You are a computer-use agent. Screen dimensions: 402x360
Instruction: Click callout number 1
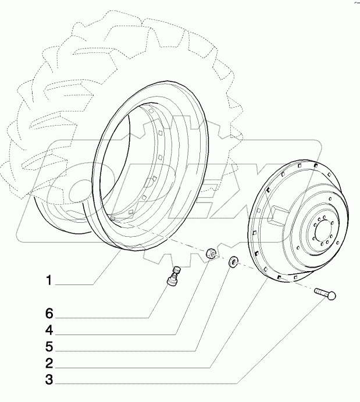click(50, 281)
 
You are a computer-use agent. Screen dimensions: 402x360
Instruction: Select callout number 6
click(50, 314)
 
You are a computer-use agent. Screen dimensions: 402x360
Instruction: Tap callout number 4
click(50, 330)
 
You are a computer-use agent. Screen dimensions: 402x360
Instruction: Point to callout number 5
click(50, 347)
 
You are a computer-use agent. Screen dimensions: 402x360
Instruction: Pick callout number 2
click(50, 364)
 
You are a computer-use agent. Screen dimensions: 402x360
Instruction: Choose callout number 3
click(50, 381)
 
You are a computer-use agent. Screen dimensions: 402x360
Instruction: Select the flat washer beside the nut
click(234, 262)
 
